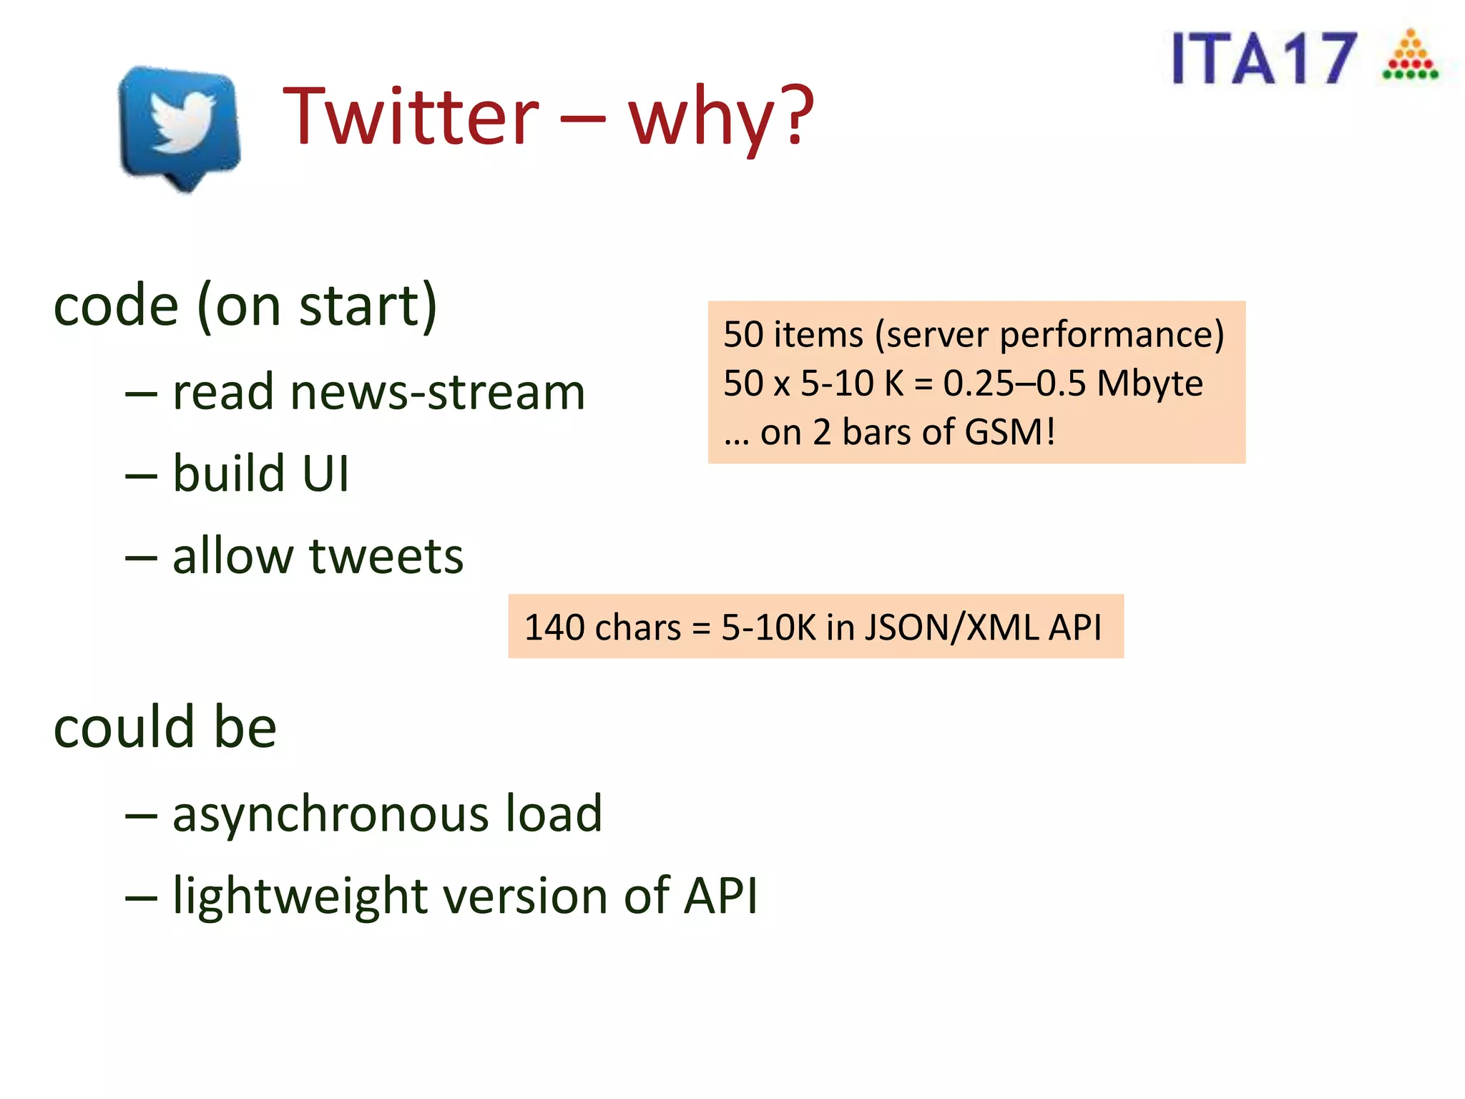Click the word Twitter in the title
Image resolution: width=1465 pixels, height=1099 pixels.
[x=411, y=116]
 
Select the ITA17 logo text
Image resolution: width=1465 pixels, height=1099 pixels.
[x=1263, y=59]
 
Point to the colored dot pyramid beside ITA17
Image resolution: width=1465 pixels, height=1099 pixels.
[x=1410, y=55]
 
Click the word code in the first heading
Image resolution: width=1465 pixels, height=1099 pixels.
[x=115, y=306]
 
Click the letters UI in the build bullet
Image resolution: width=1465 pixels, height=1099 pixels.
[x=325, y=474]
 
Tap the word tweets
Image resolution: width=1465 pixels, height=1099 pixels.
[x=386, y=556]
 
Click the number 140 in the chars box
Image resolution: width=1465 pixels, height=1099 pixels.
[x=554, y=627]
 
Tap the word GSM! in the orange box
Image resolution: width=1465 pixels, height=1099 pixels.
[x=1009, y=432]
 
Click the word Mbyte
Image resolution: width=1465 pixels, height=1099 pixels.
[x=1150, y=384]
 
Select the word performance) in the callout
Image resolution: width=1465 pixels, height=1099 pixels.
[x=1112, y=335]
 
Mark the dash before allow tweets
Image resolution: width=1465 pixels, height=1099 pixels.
[x=141, y=557]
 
